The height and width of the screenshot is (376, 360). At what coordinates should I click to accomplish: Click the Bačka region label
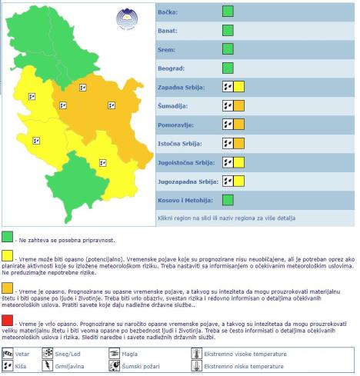tap(168, 12)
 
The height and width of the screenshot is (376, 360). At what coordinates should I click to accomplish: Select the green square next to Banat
tap(228, 31)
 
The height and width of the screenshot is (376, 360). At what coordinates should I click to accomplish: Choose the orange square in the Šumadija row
tap(238, 105)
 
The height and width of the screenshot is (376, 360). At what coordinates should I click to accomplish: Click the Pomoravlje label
tap(176, 125)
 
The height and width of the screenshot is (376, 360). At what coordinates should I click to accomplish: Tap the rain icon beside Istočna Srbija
tap(228, 143)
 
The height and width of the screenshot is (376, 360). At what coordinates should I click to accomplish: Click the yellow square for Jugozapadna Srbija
tap(238, 181)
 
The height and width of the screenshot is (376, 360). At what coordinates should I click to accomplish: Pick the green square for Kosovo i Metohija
tap(228, 200)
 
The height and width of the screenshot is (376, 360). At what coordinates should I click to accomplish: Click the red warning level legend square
tap(8, 321)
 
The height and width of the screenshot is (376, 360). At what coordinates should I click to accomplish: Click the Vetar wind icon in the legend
tap(8, 354)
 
